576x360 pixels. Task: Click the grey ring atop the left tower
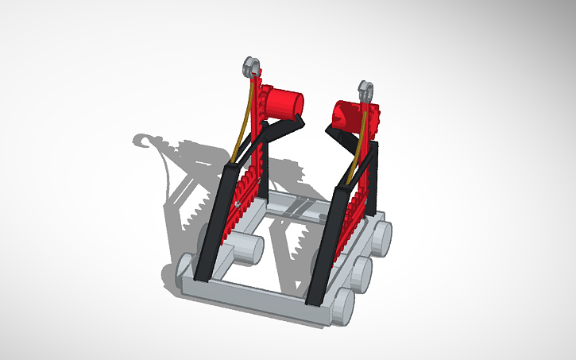pos(251,65)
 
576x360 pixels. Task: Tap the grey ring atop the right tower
pos(366,89)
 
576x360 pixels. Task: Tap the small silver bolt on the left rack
pos(238,204)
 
